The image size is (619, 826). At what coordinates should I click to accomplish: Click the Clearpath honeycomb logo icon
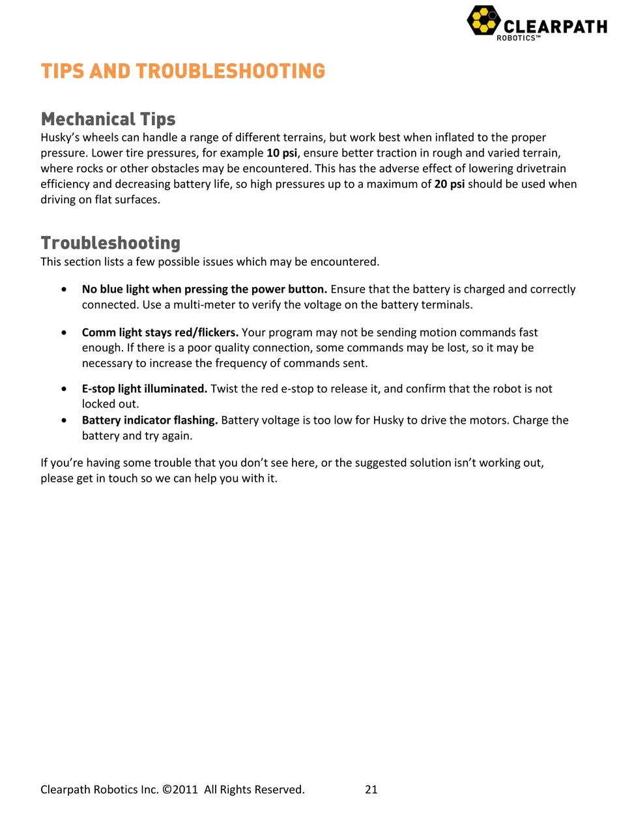483,20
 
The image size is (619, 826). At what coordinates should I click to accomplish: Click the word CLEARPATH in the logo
555,27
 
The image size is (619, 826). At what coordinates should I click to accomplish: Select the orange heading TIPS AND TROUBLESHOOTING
182,71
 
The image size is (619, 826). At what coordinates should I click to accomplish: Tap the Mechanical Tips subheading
108,119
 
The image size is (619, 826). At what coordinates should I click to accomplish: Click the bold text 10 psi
281,153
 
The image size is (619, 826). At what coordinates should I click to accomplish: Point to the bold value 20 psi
449,184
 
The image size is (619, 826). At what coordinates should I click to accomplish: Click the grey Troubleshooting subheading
110,243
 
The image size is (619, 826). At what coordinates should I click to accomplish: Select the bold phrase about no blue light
204,289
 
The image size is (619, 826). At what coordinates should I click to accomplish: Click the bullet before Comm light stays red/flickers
63,332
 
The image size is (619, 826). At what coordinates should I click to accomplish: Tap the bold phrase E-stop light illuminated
144,389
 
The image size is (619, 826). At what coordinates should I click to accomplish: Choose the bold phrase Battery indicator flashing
149,420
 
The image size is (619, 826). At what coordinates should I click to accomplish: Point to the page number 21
371,789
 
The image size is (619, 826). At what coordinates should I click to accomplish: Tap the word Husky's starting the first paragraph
61,138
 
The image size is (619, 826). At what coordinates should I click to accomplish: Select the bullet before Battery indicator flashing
63,420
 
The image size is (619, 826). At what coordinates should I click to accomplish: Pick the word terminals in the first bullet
448,305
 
